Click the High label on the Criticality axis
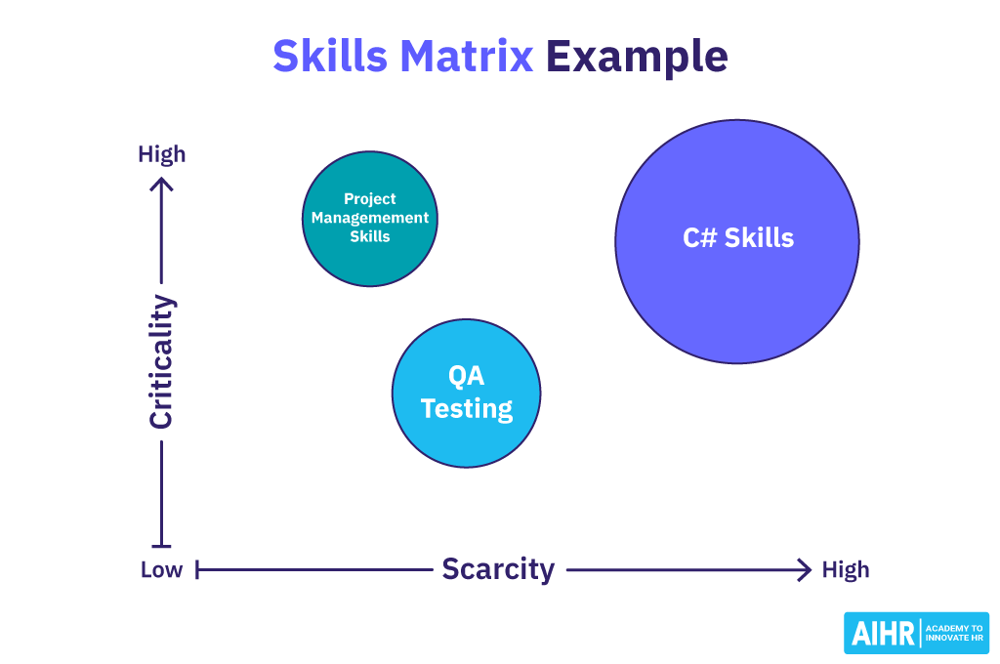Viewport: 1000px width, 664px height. click(x=161, y=154)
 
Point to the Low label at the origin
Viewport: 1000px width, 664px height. click(x=161, y=570)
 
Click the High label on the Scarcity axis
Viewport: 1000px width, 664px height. click(x=845, y=570)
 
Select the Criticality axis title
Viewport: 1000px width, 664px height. click(x=161, y=362)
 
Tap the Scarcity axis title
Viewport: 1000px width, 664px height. click(x=498, y=569)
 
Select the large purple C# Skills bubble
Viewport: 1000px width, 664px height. click(x=737, y=303)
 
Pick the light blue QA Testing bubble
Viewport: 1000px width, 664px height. click(x=466, y=439)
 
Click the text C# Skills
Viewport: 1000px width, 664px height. click(x=737, y=237)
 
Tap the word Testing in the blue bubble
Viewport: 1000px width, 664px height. click(x=467, y=408)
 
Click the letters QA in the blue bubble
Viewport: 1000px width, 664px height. click(x=466, y=377)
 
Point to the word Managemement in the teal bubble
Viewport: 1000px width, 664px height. click(x=370, y=218)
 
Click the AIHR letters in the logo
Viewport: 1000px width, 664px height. click(x=883, y=634)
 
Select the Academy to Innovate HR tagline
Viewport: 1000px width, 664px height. click(x=953, y=633)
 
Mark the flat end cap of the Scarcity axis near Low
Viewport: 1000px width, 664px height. click(x=197, y=569)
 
